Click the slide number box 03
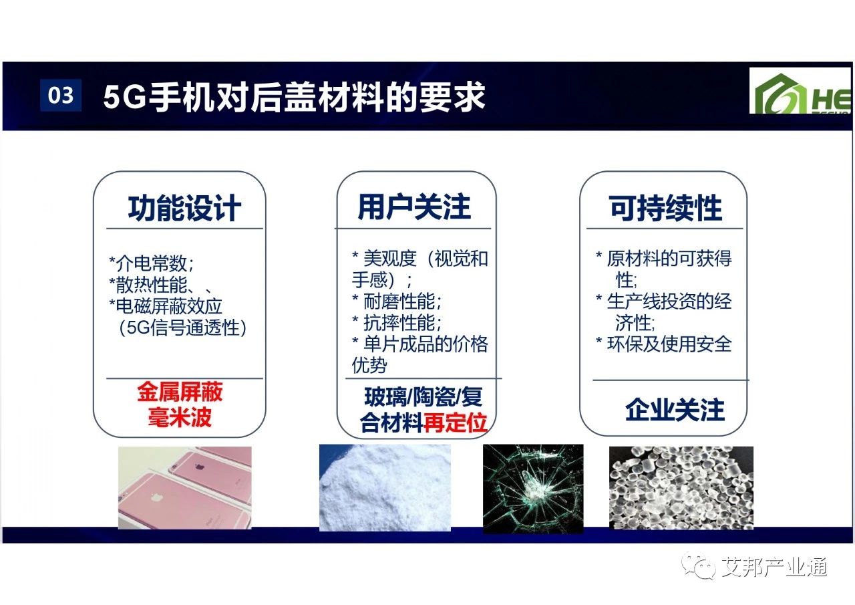[61, 95]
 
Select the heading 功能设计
[184, 208]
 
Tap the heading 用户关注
[414, 207]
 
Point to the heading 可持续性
[665, 208]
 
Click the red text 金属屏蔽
[180, 392]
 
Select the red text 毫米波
[180, 416]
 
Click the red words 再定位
[456, 422]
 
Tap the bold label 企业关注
[675, 410]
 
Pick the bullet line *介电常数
[152, 263]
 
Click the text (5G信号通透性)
[183, 328]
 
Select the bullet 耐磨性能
[397, 301]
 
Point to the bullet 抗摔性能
[397, 323]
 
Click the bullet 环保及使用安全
[664, 344]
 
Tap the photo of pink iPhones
[185, 488]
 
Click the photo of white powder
[385, 487]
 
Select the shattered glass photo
[533, 489]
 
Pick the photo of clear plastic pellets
[681, 488]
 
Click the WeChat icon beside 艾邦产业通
[699, 566]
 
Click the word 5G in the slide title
[124, 97]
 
